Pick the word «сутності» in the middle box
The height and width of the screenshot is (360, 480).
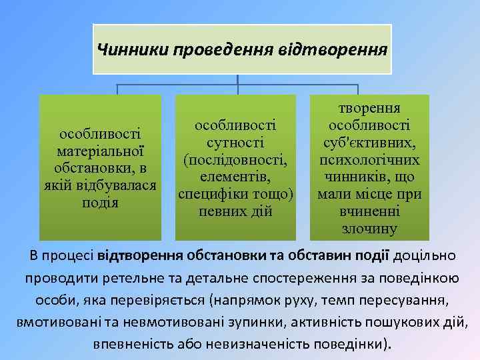click(x=235, y=142)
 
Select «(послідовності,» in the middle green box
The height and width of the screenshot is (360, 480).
click(x=235, y=160)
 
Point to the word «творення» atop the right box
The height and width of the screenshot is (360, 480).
click(x=369, y=108)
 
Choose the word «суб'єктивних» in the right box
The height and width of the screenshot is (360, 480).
click(x=369, y=143)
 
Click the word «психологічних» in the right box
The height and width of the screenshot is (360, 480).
click(x=369, y=160)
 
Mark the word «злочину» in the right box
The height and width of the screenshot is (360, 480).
click(x=369, y=229)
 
